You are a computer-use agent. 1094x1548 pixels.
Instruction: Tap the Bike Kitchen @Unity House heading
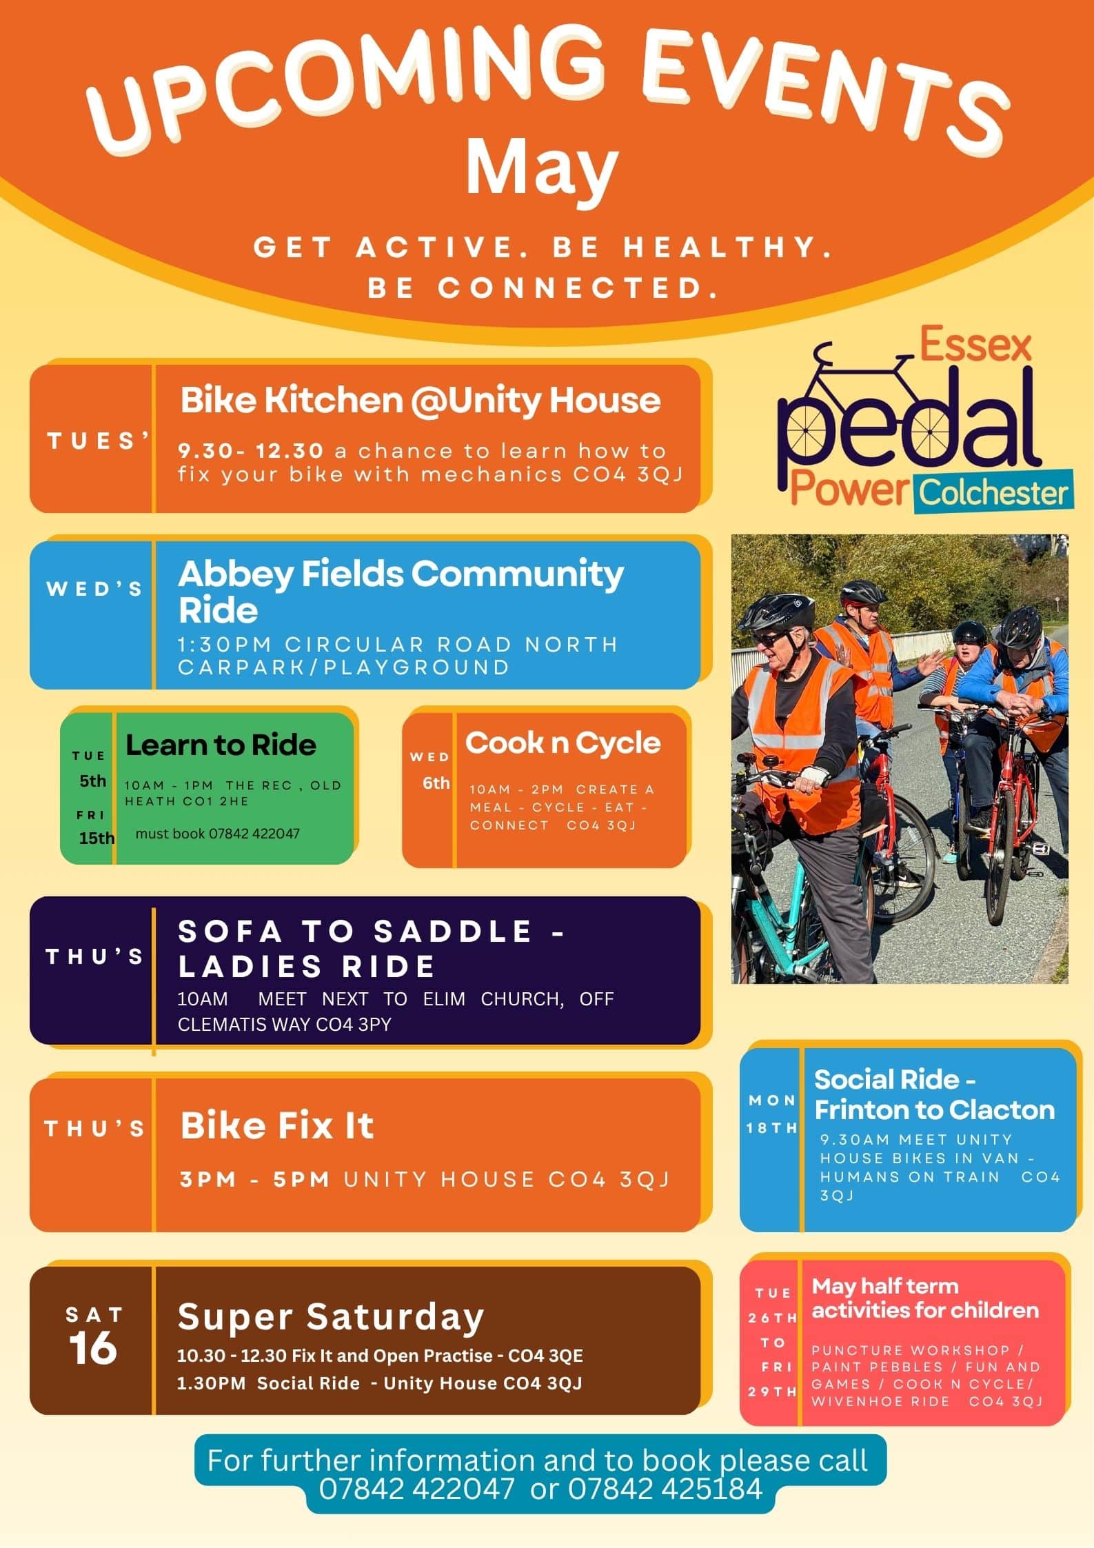coord(421,400)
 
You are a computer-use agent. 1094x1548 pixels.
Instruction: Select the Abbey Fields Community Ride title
coord(401,591)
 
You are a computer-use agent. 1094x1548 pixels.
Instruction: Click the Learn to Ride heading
coord(221,745)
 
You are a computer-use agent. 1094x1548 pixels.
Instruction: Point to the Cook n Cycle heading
coord(563,743)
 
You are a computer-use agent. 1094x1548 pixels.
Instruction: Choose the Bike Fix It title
coord(276,1125)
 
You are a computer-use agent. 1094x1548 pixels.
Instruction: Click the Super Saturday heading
coord(331,1317)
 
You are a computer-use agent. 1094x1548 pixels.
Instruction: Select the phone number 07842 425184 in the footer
coord(665,1488)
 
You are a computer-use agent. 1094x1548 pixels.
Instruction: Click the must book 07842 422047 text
coord(217,833)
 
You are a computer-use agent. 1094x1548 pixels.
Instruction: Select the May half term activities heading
coord(925,1298)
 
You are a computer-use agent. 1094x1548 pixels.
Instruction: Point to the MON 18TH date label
coord(772,1114)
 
